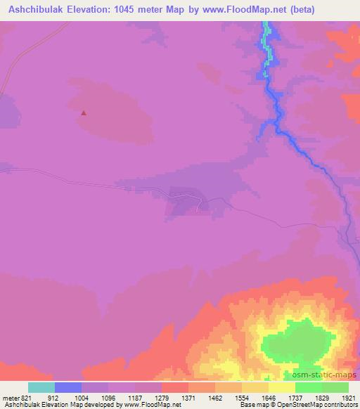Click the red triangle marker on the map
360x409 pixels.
pos(84,112)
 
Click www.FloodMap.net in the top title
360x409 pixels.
pos(270,10)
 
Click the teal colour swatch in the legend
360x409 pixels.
pos(41,387)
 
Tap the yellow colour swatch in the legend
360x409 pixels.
pos(282,387)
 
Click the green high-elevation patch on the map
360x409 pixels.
pos(295,344)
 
